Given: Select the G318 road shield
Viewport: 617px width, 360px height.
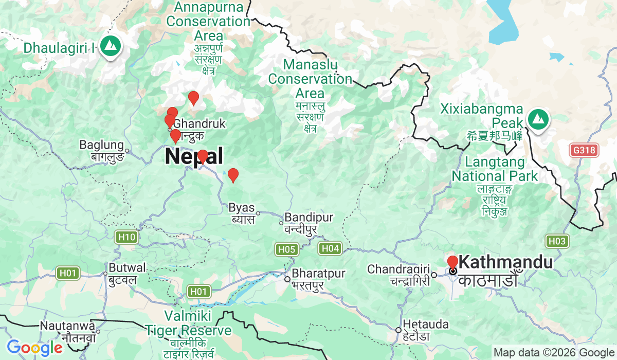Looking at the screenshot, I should pyautogui.click(x=585, y=150).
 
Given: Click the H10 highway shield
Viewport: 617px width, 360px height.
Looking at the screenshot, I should pyautogui.click(x=126, y=237).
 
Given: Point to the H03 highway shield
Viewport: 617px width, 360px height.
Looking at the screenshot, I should pyautogui.click(x=557, y=241).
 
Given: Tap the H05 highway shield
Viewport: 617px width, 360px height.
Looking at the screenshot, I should pyautogui.click(x=286, y=250).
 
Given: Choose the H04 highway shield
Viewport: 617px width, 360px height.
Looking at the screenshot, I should pyautogui.click(x=330, y=249).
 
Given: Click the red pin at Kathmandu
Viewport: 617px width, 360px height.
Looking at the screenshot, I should pyautogui.click(x=452, y=262).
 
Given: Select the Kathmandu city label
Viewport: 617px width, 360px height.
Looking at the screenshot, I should pyautogui.click(x=505, y=262).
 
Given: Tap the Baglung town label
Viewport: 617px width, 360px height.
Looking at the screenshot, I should pyautogui.click(x=102, y=145).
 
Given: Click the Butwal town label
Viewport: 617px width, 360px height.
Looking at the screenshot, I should pyautogui.click(x=127, y=268).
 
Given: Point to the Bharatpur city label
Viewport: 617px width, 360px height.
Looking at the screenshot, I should pyautogui.click(x=319, y=273).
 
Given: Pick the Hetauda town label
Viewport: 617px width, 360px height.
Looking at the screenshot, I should pyautogui.click(x=426, y=325).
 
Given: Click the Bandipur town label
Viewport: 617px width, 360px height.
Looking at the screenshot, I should pyautogui.click(x=309, y=217).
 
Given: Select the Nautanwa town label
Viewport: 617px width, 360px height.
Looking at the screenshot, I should pyautogui.click(x=67, y=326).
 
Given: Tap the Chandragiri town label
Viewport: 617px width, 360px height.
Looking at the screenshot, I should pyautogui.click(x=399, y=269).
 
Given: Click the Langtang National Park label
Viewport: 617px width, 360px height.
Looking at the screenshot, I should pyautogui.click(x=495, y=169).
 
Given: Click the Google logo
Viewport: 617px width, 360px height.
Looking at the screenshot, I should pyautogui.click(x=34, y=348).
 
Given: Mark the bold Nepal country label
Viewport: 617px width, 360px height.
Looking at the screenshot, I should pyautogui.click(x=194, y=156).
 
